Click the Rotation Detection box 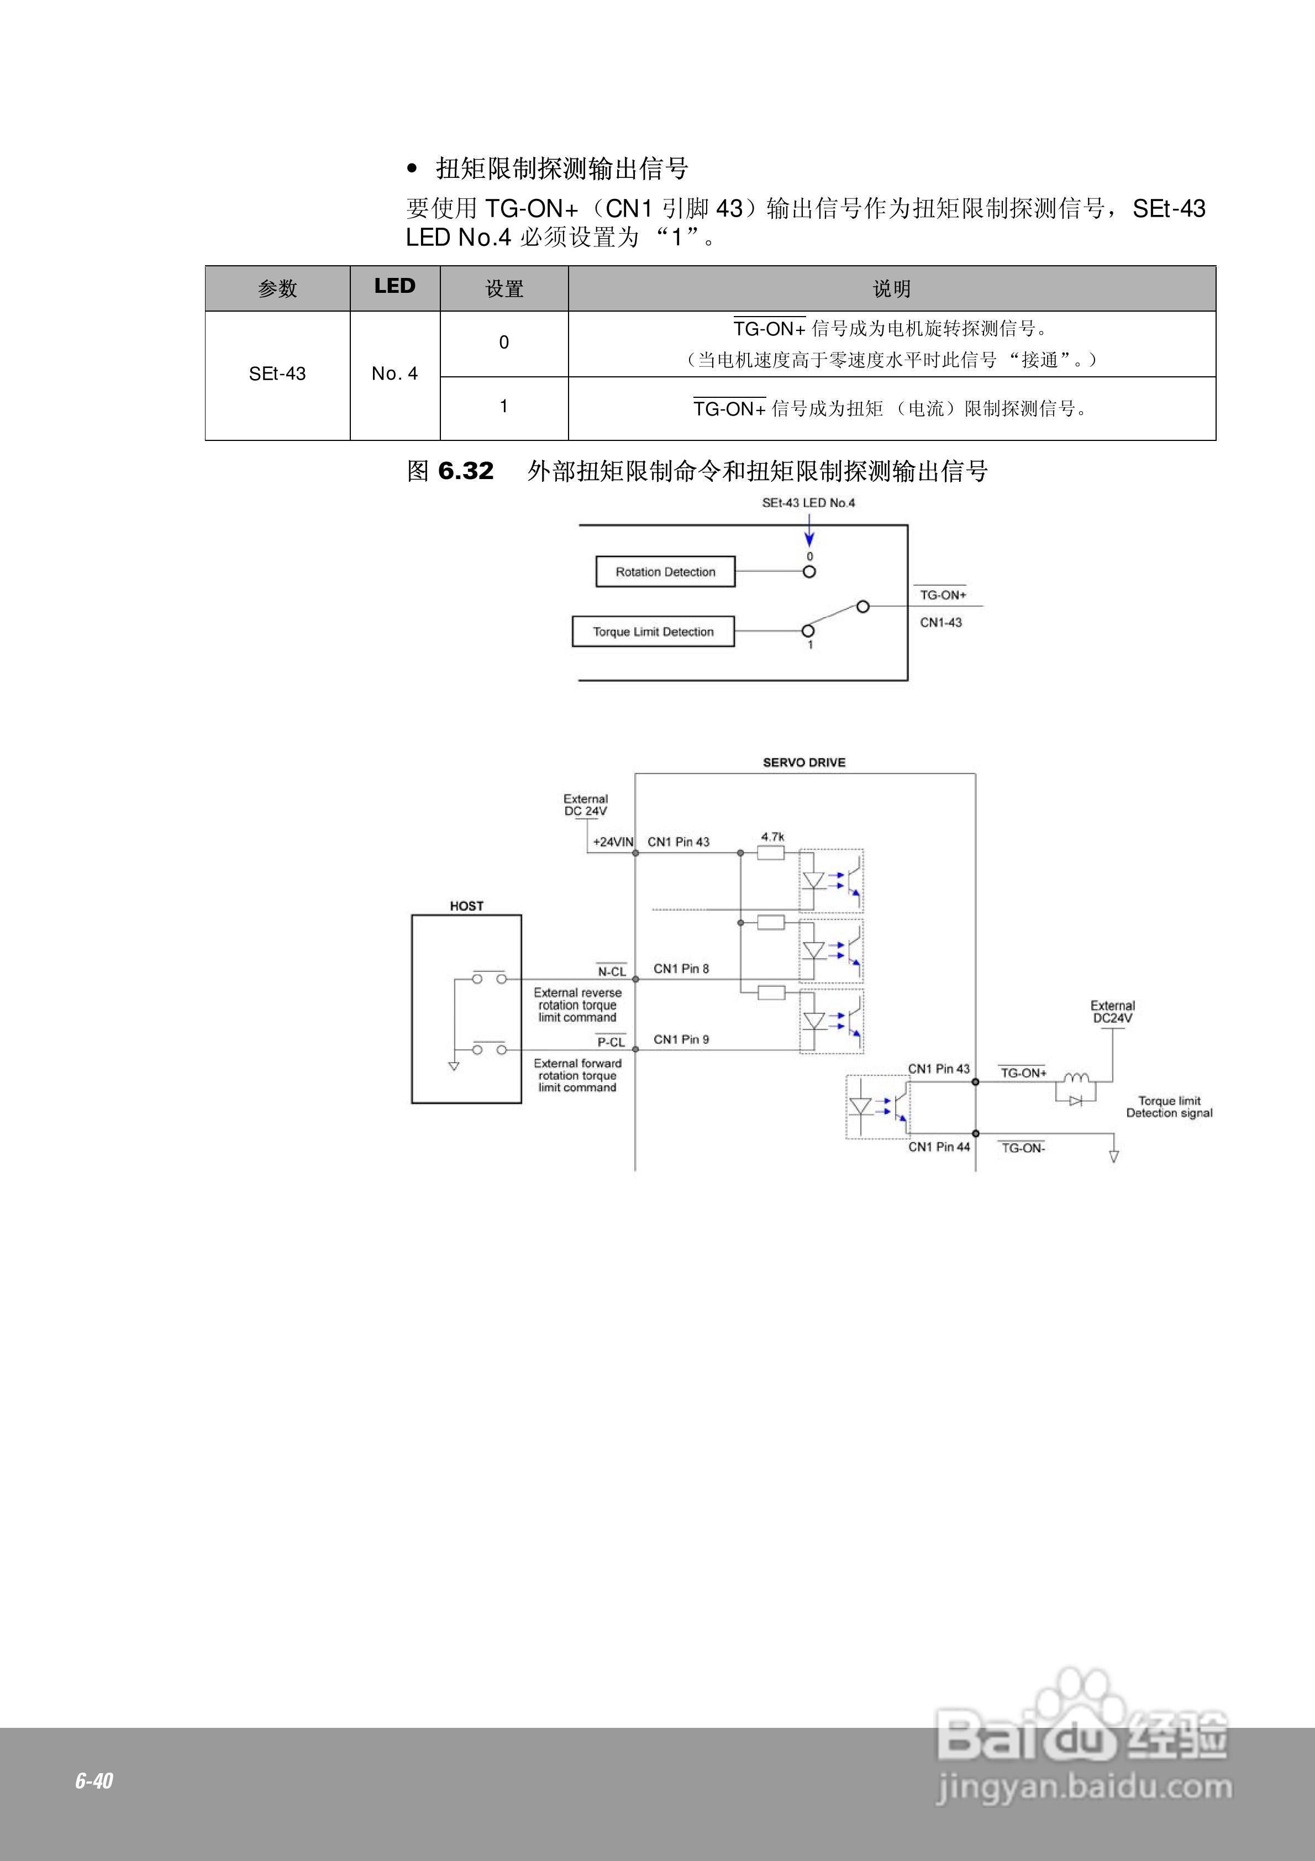coord(665,571)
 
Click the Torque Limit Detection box coord(653,632)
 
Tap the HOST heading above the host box coord(466,906)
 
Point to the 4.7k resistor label coord(772,837)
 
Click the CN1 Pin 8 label coord(681,969)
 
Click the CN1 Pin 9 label coord(681,1039)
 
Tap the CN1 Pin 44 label coord(939,1147)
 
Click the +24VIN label coord(613,842)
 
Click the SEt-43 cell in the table coord(277,374)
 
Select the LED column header coord(395,286)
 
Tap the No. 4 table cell coord(395,374)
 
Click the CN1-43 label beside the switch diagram coord(940,623)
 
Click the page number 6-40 coord(94,1781)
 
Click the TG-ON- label coord(1023,1148)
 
